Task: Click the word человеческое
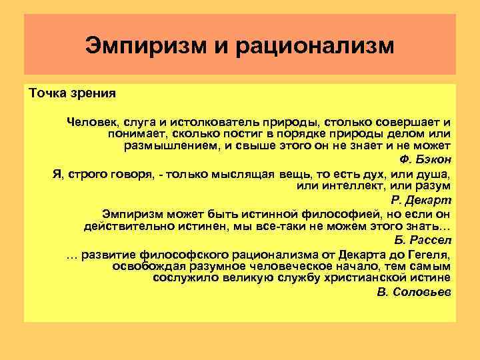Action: point(303,266)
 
